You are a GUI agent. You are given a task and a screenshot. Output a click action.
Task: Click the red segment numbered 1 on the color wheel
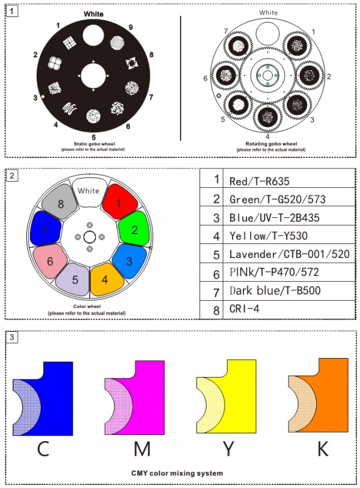tap(120, 203)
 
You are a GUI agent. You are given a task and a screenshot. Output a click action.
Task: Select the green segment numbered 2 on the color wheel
tap(134, 229)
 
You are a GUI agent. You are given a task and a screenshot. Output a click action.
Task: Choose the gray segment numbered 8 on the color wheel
tap(60, 202)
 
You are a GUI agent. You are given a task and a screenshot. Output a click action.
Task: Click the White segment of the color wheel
tap(89, 192)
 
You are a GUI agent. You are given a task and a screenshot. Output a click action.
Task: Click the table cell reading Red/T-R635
tap(259, 181)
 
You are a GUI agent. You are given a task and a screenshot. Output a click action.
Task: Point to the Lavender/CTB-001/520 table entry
tap(289, 254)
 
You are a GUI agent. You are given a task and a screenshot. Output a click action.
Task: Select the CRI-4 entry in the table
tap(245, 309)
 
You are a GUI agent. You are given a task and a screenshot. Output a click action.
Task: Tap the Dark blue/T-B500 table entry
tap(275, 290)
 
